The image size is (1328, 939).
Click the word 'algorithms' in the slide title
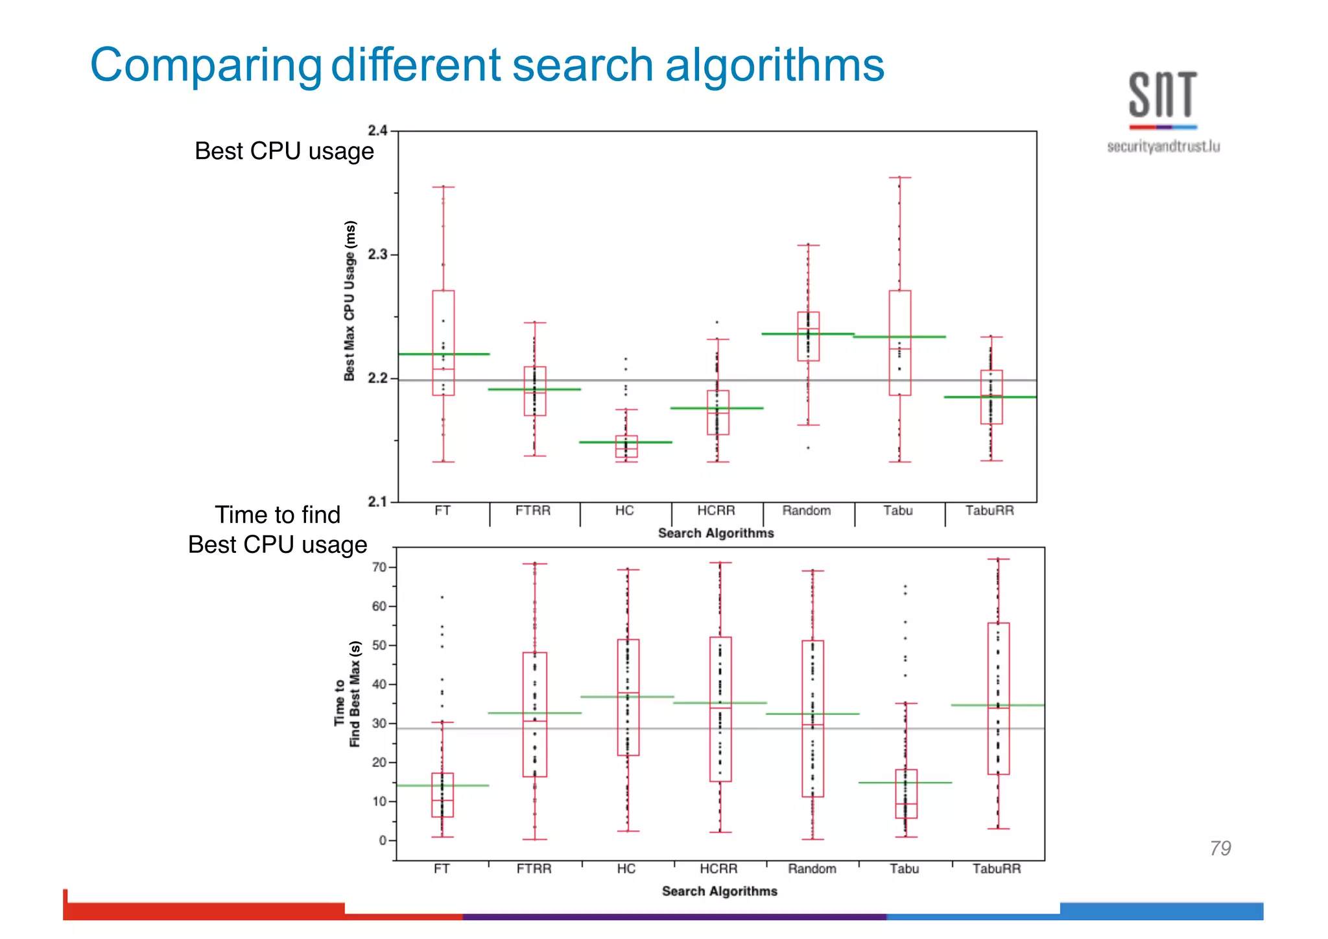(774, 66)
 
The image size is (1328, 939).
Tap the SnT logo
(1163, 98)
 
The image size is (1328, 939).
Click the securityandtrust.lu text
(1163, 147)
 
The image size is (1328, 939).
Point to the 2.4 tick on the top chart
(377, 130)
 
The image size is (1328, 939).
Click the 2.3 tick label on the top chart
(377, 254)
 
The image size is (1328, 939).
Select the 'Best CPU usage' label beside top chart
(284, 151)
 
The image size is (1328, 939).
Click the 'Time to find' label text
(278, 515)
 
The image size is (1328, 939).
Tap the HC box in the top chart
(626, 446)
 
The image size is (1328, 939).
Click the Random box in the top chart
(808, 336)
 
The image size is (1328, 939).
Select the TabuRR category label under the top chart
(990, 511)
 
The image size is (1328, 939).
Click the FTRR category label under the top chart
(533, 511)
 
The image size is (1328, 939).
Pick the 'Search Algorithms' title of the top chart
(716, 533)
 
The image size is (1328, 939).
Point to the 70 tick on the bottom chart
(379, 567)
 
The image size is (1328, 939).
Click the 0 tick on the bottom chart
(383, 840)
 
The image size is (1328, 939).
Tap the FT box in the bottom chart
(442, 795)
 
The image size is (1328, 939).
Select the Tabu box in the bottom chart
(906, 794)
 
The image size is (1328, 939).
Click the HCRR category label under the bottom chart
(718, 869)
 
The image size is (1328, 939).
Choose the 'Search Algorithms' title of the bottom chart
(719, 892)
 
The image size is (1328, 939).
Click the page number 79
(1220, 848)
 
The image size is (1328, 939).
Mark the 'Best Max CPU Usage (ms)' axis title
(350, 301)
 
